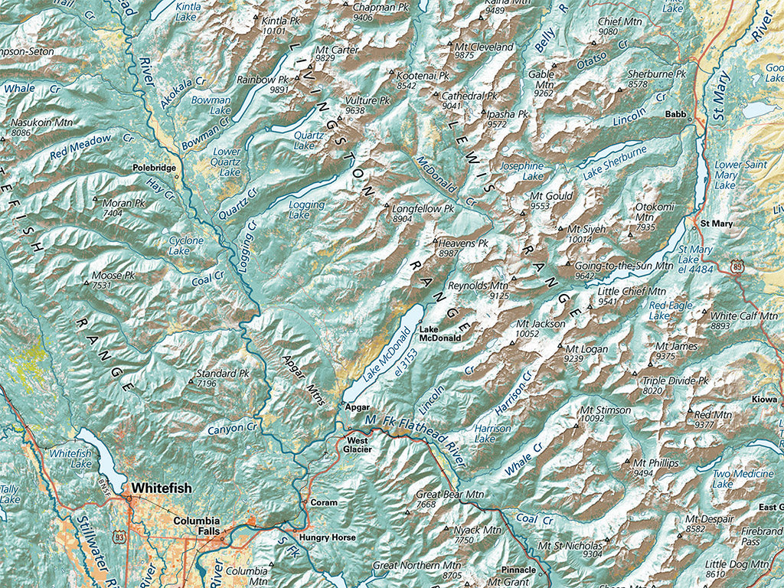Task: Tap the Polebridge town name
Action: point(155,167)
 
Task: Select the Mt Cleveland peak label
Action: point(484,47)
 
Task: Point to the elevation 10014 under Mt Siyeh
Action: point(580,239)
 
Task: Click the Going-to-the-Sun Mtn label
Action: point(612,265)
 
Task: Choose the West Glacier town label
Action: point(358,446)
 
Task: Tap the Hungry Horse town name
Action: point(328,537)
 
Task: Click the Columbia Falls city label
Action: point(197,526)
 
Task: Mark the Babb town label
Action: point(675,114)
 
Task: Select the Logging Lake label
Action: point(307,210)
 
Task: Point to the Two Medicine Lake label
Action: point(743,479)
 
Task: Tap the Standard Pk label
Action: point(223,374)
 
